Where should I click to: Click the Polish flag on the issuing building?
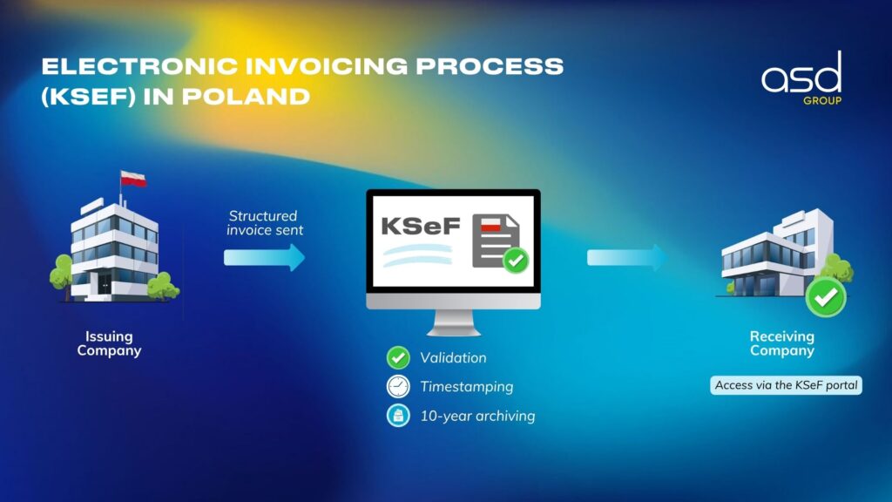click(133, 179)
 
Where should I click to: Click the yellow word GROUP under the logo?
click(822, 101)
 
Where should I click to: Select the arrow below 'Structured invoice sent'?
click(264, 257)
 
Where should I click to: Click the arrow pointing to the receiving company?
click(627, 257)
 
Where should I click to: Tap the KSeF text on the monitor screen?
click(421, 226)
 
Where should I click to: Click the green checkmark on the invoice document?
click(516, 261)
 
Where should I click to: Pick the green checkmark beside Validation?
click(398, 357)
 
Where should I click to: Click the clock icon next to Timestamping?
click(398, 386)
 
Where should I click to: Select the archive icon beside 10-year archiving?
click(398, 416)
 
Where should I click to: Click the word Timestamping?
click(467, 387)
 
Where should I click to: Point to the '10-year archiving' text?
click(478, 416)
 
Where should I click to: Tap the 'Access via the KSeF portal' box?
click(786, 385)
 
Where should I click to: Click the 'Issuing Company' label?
click(109, 343)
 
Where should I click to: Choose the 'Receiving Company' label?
click(782, 343)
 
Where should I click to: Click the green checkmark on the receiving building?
click(826, 297)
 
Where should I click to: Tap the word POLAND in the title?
click(246, 97)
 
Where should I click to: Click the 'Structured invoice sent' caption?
click(265, 223)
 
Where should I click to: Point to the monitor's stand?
click(453, 323)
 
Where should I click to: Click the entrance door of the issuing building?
click(105, 282)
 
